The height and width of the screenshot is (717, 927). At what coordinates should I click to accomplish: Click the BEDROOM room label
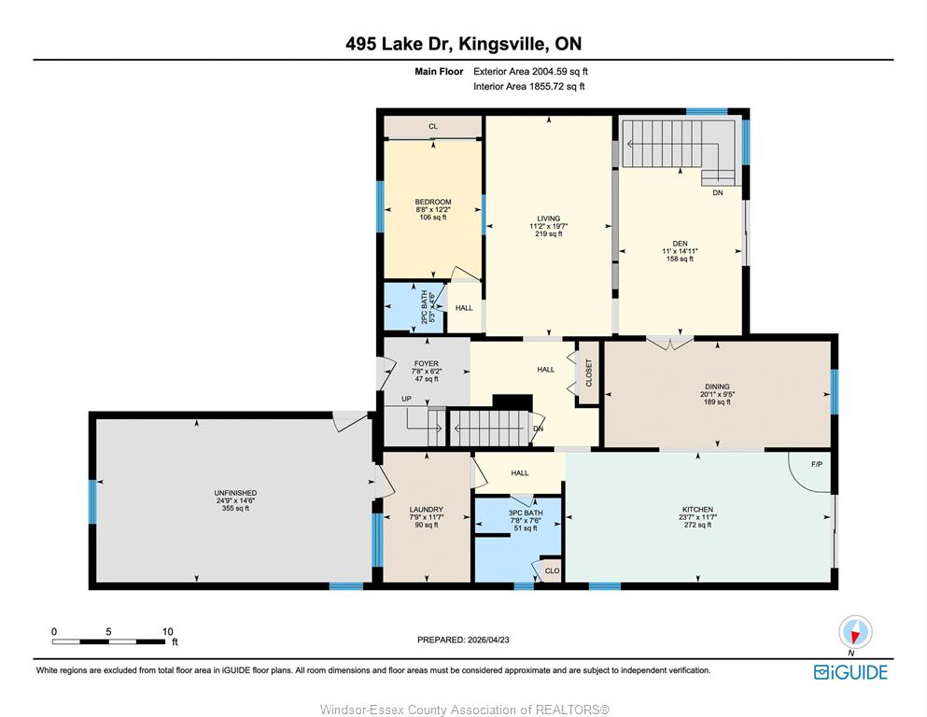tap(433, 203)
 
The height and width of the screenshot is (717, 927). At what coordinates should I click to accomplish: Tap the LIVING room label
tap(549, 218)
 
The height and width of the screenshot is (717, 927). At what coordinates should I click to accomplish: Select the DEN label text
tap(680, 244)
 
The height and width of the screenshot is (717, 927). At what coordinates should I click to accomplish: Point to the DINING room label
tap(717, 387)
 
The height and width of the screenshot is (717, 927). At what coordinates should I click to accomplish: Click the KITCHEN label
tap(697, 510)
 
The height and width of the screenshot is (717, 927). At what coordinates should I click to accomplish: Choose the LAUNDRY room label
tap(427, 510)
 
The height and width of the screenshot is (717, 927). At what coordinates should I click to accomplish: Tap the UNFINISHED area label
tap(235, 493)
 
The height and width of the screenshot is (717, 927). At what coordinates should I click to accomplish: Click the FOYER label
tap(427, 364)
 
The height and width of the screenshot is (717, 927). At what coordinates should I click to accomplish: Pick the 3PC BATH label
tap(526, 513)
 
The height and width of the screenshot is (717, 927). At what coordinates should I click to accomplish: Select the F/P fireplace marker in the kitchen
tap(817, 465)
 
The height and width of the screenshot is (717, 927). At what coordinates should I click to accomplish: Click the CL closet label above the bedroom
tap(433, 126)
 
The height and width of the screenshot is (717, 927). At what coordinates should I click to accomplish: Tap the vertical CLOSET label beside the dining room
tap(589, 373)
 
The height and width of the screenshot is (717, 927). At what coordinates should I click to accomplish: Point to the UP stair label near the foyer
tap(406, 399)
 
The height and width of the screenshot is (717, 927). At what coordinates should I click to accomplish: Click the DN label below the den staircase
tap(718, 192)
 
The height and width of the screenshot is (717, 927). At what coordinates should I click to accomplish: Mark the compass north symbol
tap(855, 632)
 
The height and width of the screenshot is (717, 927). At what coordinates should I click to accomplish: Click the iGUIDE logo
tap(850, 673)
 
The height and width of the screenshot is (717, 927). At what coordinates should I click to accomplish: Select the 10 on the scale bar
tap(167, 632)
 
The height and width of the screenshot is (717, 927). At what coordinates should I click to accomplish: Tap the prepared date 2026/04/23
tap(488, 640)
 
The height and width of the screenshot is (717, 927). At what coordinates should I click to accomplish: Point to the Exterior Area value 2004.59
tap(549, 72)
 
